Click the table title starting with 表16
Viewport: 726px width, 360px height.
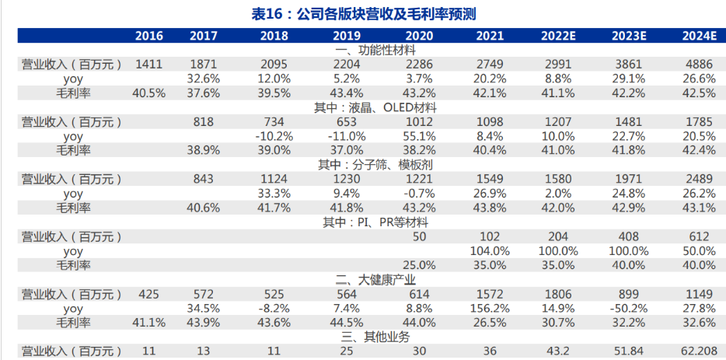tap(363, 13)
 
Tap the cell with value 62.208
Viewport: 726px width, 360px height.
tap(696, 351)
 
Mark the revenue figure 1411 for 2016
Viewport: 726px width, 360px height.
tap(148, 65)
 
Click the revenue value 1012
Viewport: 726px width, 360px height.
tap(419, 122)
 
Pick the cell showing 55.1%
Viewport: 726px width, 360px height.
tap(419, 136)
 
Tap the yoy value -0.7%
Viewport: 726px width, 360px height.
tap(419, 194)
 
